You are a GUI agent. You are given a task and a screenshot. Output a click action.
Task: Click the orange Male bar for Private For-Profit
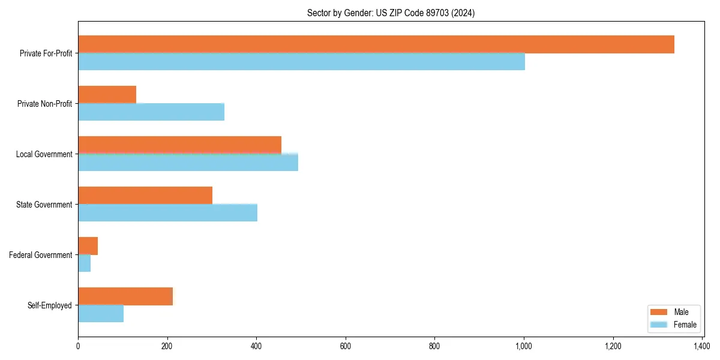[x=376, y=44]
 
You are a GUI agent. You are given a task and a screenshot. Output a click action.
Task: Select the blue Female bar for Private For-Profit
[x=301, y=62]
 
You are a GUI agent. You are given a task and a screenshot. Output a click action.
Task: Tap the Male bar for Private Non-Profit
[x=107, y=95]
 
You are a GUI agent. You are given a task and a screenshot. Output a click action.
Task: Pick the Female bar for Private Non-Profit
[x=151, y=112]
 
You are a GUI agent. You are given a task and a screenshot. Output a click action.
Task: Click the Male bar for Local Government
[x=179, y=145]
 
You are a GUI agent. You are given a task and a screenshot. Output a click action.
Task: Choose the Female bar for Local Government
[x=188, y=163]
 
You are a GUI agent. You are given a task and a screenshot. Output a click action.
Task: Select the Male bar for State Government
[x=145, y=196]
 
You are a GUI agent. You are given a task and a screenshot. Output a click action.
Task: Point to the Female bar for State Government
[x=167, y=213]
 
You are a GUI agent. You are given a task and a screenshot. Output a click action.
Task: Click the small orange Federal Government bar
[x=88, y=246]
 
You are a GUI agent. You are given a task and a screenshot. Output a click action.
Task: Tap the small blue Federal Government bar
[x=84, y=263]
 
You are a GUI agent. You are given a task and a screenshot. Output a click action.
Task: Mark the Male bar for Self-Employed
[x=125, y=296]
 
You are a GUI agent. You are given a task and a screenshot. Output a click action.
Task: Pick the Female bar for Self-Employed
[x=101, y=314]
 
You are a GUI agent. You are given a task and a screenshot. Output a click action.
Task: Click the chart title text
[x=391, y=13]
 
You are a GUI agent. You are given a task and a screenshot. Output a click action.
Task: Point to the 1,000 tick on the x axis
[x=524, y=346]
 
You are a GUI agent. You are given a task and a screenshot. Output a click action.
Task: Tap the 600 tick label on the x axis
[x=346, y=346]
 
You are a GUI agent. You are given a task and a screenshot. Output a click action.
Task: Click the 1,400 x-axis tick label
[x=702, y=346]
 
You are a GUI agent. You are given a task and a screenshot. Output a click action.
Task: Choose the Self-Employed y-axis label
[x=50, y=305]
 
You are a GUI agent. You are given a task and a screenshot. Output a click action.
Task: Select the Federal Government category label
[x=41, y=255]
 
